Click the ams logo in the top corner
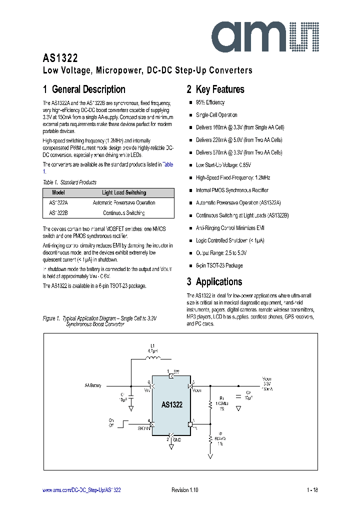(268, 34)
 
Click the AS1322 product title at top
(60, 58)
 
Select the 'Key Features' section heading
(215, 89)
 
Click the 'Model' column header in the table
(58, 192)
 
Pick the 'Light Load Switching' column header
(124, 192)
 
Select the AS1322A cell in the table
(59, 203)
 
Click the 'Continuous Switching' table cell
(124, 213)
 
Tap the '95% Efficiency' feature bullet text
(210, 102)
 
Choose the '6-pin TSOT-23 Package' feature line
(219, 266)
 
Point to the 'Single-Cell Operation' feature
(216, 115)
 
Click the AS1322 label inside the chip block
(171, 405)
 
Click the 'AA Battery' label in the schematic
(92, 385)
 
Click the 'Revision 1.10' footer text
(185, 490)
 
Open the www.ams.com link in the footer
(81, 490)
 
